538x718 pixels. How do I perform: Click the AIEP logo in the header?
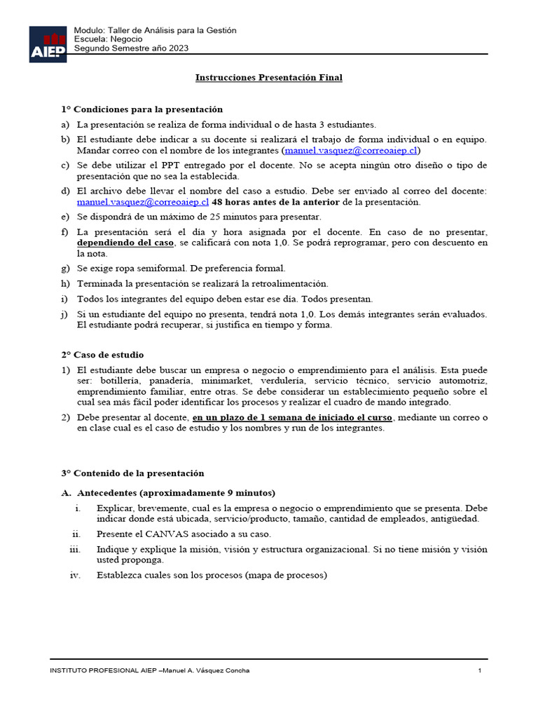pyautogui.click(x=48, y=44)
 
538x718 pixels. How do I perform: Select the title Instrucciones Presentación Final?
pyautogui.click(x=268, y=78)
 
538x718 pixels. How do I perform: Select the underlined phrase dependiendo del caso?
pyautogui.click(x=125, y=242)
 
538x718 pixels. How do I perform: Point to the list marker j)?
pyautogui.click(x=65, y=314)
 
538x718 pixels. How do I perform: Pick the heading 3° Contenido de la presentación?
pyautogui.click(x=132, y=473)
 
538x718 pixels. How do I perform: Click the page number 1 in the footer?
pyautogui.click(x=480, y=671)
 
